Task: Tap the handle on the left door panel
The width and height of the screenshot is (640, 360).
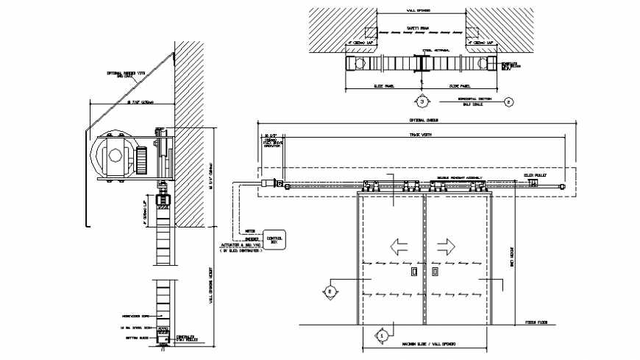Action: (x=414, y=272)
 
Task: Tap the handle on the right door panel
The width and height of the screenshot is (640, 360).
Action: (x=433, y=272)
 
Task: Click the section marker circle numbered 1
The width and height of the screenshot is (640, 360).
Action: (x=381, y=334)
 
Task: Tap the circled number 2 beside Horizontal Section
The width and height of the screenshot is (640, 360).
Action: (x=508, y=102)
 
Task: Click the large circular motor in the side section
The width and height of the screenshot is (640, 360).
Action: (x=110, y=158)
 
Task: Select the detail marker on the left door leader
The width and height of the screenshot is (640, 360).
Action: (x=330, y=292)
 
